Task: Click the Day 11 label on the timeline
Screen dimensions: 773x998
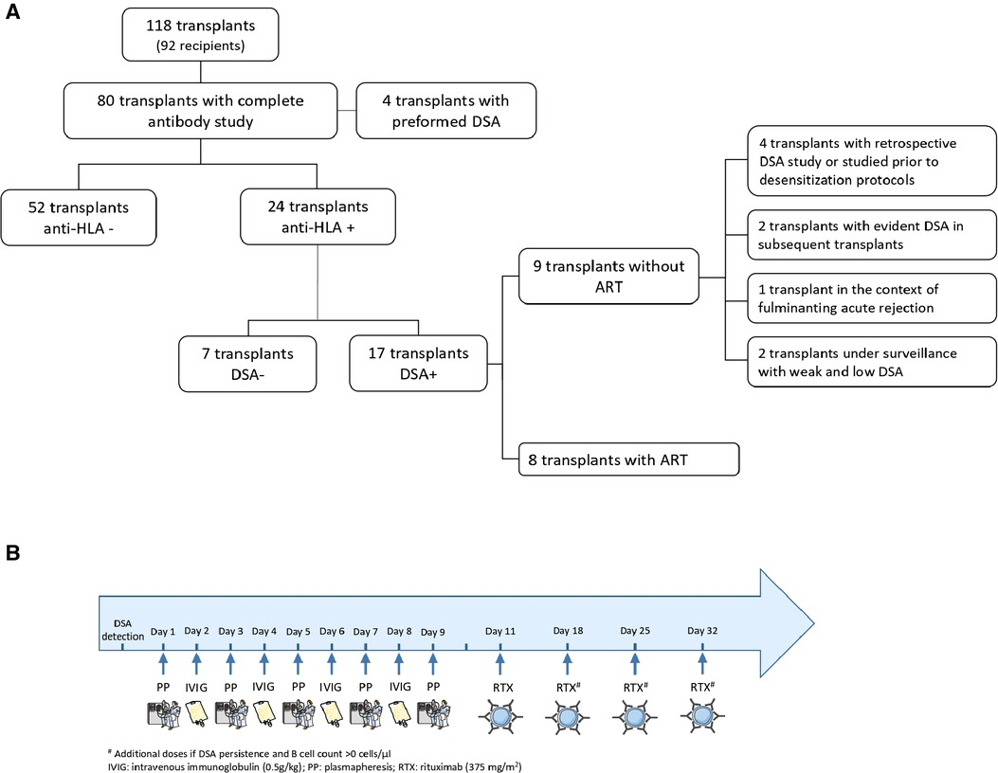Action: point(499,631)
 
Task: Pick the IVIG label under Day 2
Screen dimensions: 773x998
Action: point(197,686)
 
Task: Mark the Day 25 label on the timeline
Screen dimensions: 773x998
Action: point(635,631)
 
